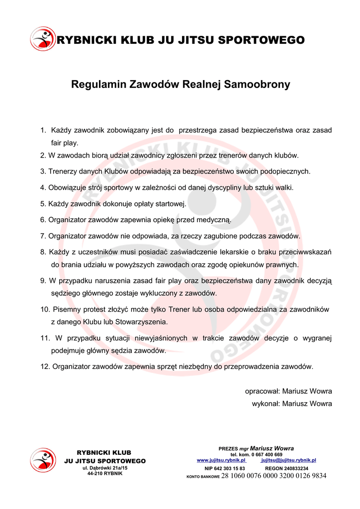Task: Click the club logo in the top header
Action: point(43,39)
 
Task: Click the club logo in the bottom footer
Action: point(43,460)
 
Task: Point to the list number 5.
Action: point(43,204)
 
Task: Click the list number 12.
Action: point(45,367)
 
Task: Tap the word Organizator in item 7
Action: point(67,236)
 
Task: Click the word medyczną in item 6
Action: point(214,220)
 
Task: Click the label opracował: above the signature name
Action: point(262,391)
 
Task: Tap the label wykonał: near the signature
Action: point(266,404)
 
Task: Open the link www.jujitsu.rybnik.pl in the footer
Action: point(221,460)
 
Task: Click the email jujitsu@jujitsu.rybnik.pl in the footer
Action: point(288,460)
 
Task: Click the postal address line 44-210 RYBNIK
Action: point(105,473)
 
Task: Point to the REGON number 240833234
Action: point(294,468)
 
